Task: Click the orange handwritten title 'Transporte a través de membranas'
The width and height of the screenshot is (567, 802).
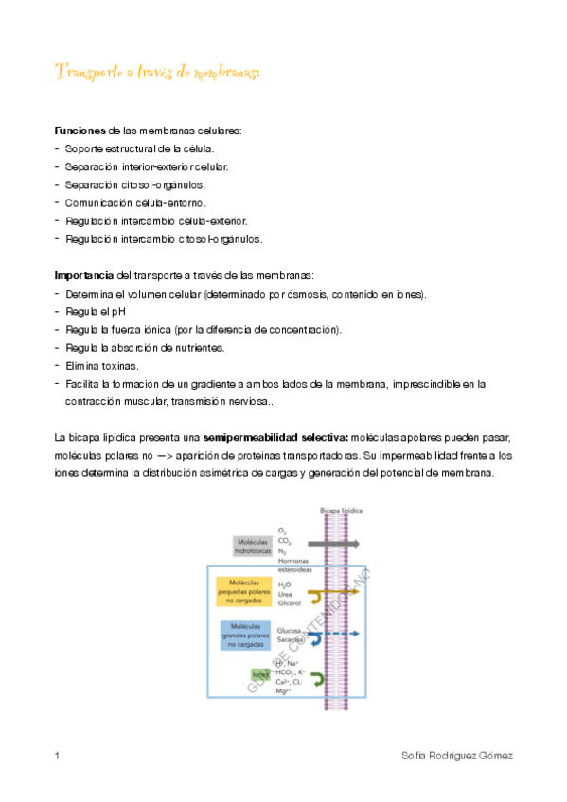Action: [x=157, y=73]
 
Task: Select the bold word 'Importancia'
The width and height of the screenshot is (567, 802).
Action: [x=85, y=276]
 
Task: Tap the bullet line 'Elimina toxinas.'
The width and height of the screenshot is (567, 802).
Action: [x=101, y=365]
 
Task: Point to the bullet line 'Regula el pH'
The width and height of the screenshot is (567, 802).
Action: [x=96, y=312]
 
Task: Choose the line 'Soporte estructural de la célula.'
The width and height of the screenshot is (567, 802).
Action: [x=139, y=148]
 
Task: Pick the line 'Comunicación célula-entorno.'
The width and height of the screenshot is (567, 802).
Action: [x=135, y=202]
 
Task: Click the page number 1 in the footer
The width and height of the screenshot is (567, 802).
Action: [x=58, y=756]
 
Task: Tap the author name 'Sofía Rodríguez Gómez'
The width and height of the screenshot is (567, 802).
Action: [x=457, y=756]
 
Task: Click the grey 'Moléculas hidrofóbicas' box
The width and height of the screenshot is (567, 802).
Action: [x=252, y=545]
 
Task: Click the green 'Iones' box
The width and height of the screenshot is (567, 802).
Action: [x=261, y=674]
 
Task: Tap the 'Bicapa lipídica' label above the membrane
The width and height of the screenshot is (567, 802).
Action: [x=342, y=509]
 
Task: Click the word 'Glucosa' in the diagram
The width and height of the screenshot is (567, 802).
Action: [x=290, y=629]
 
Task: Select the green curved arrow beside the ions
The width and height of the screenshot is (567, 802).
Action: [x=318, y=679]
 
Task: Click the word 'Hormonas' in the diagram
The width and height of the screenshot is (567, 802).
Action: [x=293, y=559]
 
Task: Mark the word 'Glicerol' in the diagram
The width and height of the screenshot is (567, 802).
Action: [x=289, y=601]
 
